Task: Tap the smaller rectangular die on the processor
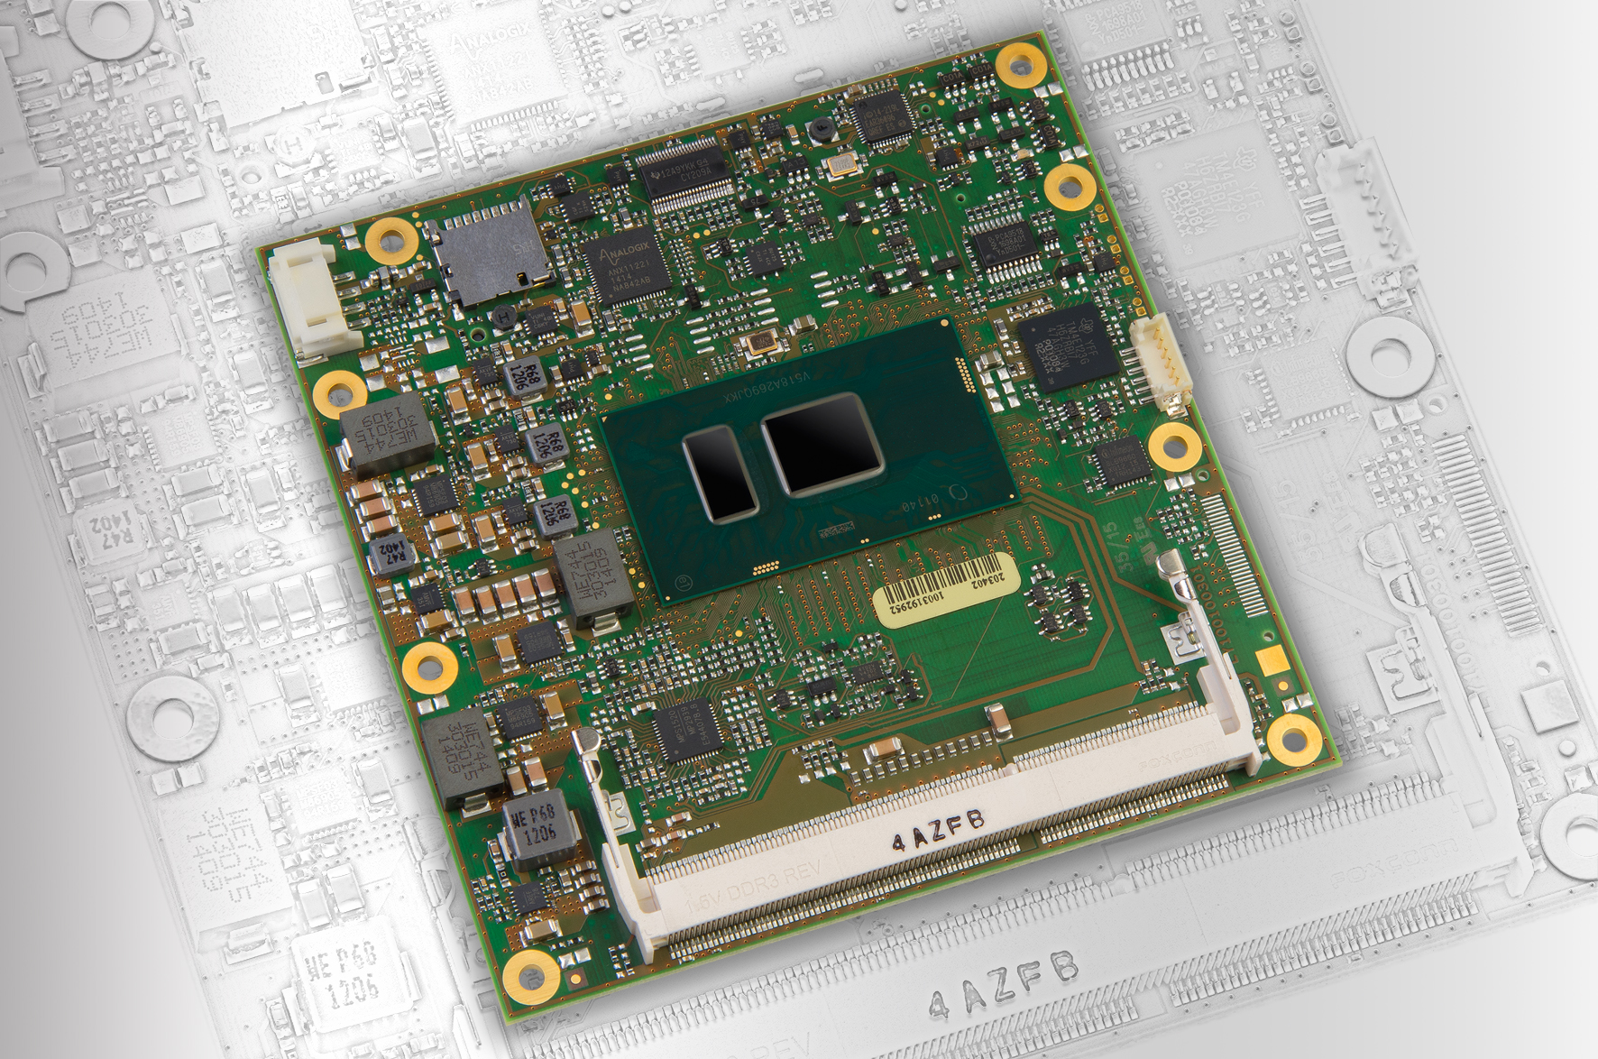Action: [x=719, y=474]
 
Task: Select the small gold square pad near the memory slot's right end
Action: [x=1271, y=659]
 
